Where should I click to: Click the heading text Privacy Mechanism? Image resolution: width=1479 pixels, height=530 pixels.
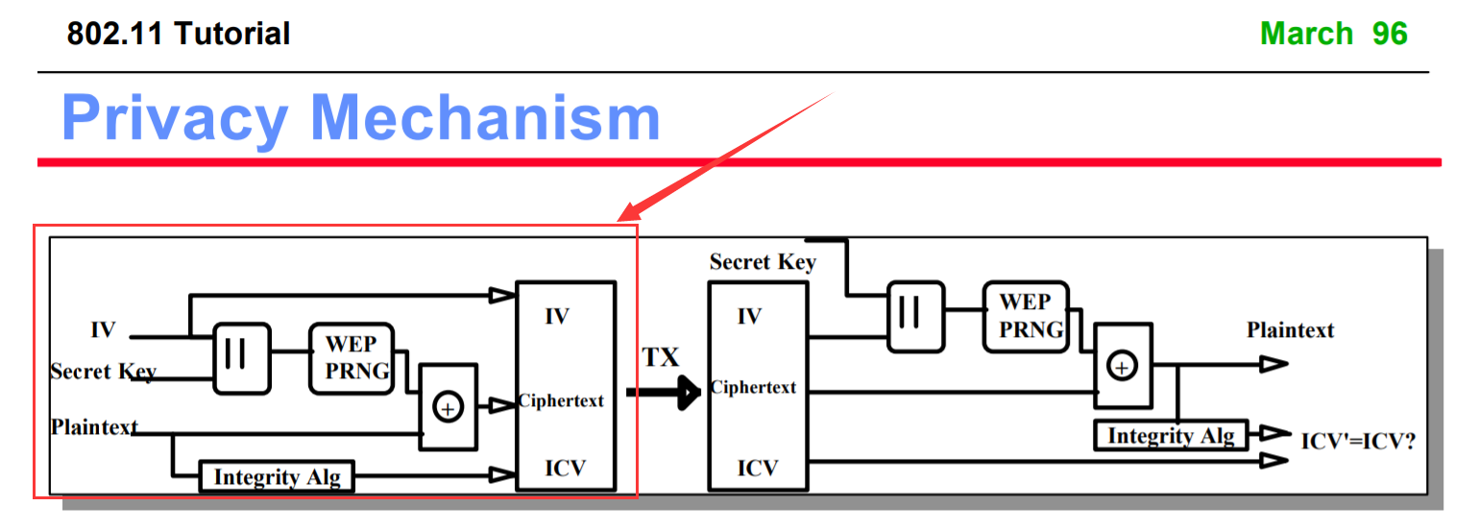[361, 118]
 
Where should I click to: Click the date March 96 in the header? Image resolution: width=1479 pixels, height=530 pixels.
[1333, 34]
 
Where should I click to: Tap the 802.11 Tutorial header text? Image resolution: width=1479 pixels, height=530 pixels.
[179, 35]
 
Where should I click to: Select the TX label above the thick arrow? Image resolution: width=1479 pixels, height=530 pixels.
[660, 358]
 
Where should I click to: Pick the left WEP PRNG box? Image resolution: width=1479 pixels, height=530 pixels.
[352, 358]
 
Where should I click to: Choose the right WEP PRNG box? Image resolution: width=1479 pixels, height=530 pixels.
[1025, 316]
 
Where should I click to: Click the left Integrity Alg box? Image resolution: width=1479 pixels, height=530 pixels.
[277, 476]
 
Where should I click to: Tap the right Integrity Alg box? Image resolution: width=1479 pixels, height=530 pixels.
[1171, 435]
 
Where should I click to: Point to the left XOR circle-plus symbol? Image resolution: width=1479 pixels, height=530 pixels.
[448, 407]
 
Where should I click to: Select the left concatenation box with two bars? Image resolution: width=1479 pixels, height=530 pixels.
[242, 357]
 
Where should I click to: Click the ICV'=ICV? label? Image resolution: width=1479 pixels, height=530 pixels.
[1358, 442]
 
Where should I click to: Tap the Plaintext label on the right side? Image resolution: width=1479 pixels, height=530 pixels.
[1290, 330]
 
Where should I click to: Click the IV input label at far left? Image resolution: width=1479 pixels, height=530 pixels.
[103, 330]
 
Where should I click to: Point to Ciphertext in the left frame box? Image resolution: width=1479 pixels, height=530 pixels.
[562, 400]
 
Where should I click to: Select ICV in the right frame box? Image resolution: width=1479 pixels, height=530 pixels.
[758, 468]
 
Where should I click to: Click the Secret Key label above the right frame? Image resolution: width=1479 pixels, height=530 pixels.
[763, 262]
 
